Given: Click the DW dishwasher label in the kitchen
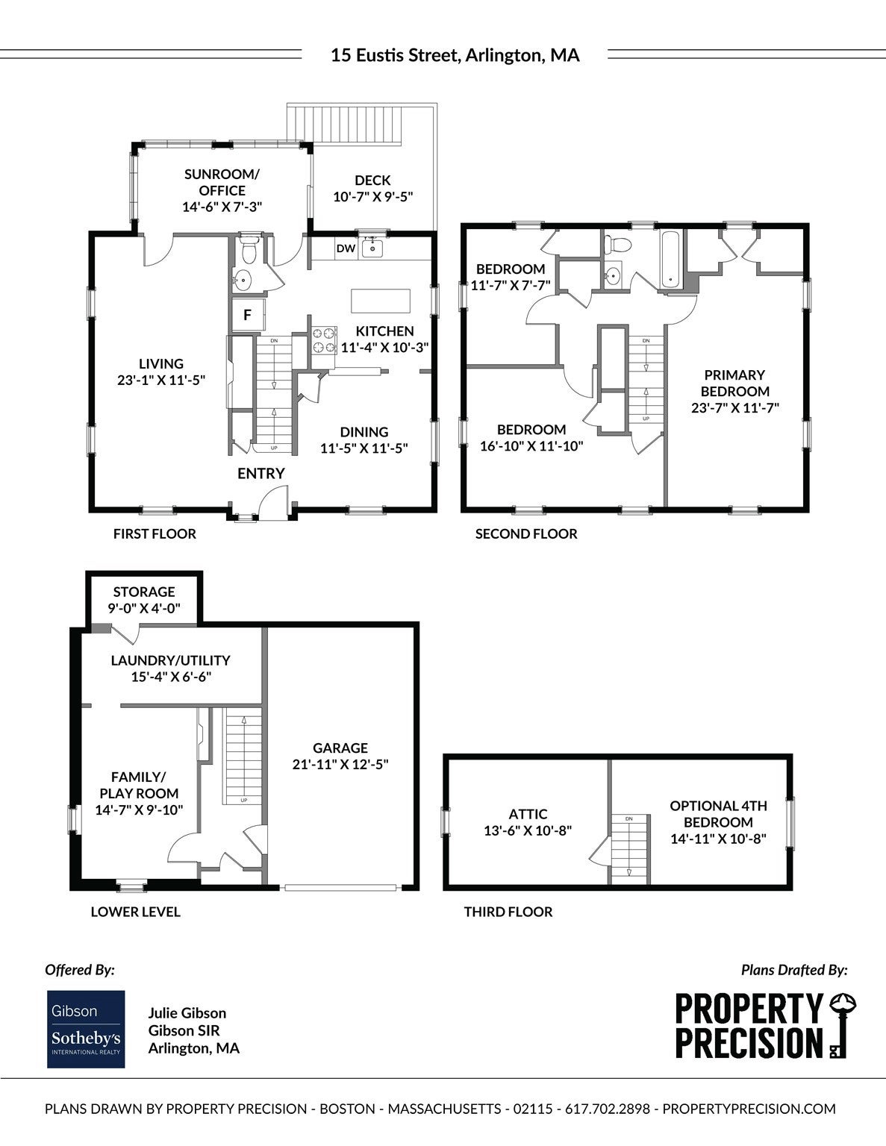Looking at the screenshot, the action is click(346, 248).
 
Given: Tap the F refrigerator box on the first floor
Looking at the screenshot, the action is click(247, 316).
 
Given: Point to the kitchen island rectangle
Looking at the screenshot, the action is click(380, 301).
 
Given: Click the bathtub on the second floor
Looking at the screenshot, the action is click(671, 260).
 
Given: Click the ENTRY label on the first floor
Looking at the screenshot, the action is click(261, 474).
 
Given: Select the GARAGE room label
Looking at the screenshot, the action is click(340, 748).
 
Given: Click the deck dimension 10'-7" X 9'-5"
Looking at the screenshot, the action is click(373, 197).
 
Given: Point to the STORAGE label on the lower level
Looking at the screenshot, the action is click(144, 592).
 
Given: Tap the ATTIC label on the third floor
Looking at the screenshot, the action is click(528, 814).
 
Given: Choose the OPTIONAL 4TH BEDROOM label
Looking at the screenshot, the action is click(718, 814).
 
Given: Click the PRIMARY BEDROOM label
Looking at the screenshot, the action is click(734, 383).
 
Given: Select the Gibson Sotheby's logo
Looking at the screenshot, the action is click(86, 1029).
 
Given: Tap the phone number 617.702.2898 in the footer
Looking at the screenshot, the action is click(608, 1109).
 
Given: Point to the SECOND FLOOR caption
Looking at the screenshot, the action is click(526, 533).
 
